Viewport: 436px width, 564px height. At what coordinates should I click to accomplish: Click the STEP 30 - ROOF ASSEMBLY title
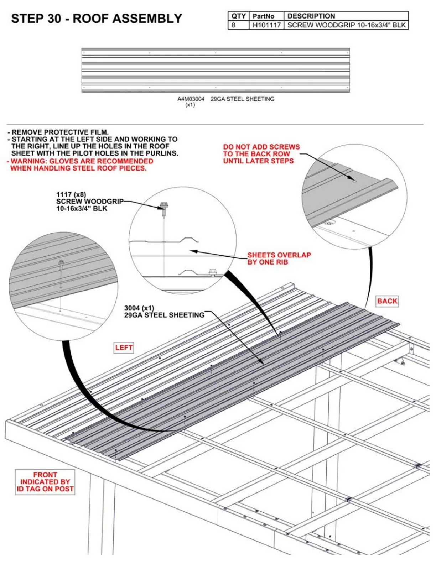tap(97, 19)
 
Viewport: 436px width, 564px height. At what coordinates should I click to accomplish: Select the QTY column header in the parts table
tap(238, 16)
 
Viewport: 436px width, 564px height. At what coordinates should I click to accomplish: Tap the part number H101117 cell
tap(266, 25)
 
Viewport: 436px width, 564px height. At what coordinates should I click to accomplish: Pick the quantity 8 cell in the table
tap(234, 25)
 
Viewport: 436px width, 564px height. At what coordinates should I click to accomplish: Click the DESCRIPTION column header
tap(311, 16)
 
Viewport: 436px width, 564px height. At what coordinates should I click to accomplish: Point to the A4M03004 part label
tap(191, 99)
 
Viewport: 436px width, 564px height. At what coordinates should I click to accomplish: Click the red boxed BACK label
tap(387, 301)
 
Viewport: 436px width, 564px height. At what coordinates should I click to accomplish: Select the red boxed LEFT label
tap(124, 348)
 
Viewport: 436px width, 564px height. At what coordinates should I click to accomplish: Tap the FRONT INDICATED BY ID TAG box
tap(45, 482)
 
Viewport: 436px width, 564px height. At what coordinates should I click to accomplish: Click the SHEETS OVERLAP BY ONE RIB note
tap(279, 258)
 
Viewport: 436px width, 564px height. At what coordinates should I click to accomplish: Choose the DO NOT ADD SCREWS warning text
tap(261, 154)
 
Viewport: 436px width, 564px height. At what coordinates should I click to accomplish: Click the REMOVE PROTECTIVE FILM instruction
tap(60, 132)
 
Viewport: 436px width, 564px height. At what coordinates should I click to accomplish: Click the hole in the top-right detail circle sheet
tap(354, 181)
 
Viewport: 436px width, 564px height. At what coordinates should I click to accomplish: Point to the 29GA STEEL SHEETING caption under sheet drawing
tap(242, 99)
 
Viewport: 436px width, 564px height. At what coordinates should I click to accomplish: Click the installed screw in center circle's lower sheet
tap(213, 272)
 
